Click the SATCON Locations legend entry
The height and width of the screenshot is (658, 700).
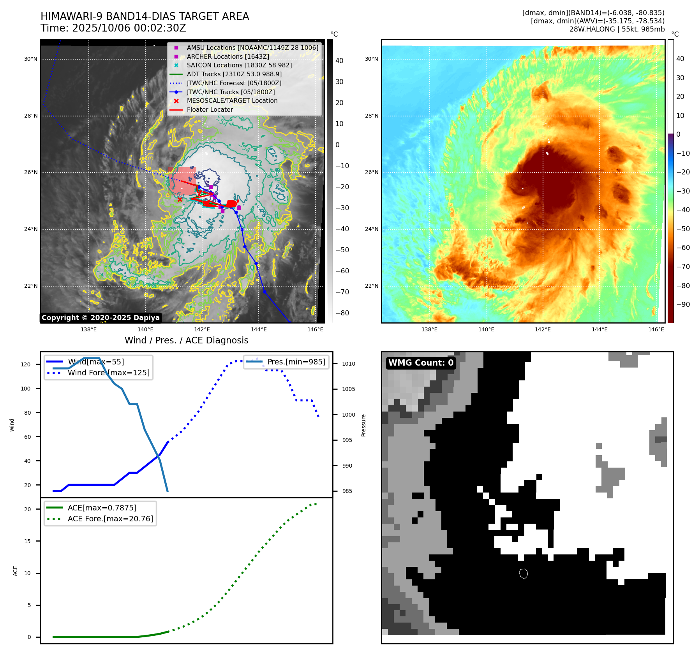239,65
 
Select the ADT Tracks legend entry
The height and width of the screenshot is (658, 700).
234,74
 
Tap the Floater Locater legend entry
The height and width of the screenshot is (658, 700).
210,110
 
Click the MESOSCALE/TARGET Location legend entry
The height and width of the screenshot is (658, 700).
232,101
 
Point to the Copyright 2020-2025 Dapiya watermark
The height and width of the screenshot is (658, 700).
101,318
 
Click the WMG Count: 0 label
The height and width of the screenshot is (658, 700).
421,363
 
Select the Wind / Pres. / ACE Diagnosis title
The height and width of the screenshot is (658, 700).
186,340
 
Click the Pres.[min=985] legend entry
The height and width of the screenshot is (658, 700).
296,362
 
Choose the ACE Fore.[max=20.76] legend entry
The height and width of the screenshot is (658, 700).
110,519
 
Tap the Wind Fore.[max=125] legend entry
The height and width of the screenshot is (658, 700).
108,373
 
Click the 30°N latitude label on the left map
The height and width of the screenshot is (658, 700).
31,59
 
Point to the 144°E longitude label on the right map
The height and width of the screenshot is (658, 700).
599,329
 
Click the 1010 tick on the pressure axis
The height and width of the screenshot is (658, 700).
349,364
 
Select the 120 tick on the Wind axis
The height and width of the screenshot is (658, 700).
26,364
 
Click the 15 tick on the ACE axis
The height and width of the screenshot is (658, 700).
27,541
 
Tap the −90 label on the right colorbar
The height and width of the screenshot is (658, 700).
683,304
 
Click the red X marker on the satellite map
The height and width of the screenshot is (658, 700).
180,199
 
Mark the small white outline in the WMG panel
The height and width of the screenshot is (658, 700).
524,574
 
